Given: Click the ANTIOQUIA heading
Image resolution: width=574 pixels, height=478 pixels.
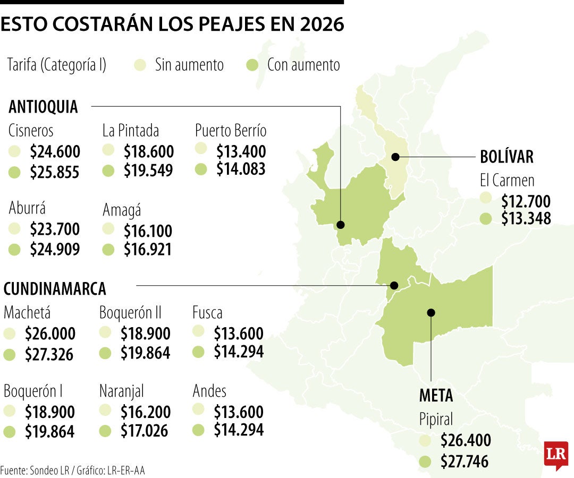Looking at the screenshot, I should [43, 107].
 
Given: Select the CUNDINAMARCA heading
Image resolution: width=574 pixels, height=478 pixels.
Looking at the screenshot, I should [55, 289].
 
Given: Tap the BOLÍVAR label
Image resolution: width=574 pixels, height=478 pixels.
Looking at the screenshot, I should [506, 157].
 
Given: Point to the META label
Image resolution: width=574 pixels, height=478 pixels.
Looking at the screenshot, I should [436, 396].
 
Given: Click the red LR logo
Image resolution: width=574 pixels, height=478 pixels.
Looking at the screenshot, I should [555, 455].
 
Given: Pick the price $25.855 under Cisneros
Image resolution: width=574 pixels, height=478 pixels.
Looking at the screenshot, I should [55, 173].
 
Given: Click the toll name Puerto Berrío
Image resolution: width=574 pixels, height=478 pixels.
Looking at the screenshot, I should [231, 130].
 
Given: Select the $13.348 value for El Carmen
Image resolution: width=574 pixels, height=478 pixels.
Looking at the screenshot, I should [526, 218].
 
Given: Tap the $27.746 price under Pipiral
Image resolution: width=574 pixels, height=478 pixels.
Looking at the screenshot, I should [465, 462].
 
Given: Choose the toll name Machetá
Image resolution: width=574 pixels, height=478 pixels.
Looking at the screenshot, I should [27, 312].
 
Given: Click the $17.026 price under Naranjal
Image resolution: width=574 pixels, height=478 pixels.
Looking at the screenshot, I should [145, 431].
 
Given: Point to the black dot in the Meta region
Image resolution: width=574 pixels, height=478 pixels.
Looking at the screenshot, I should [431, 312].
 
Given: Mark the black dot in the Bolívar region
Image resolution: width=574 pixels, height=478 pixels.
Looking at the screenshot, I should [395, 157].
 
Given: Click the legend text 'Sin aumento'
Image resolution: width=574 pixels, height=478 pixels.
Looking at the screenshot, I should [189, 65].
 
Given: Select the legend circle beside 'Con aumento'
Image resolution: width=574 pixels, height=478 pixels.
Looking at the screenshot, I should [253, 65].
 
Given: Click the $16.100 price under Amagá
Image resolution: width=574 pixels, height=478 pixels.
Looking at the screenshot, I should [148, 231].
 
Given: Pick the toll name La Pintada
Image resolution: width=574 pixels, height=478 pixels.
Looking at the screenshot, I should [131, 130].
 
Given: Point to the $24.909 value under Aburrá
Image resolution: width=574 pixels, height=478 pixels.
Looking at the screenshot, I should [55, 249].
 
